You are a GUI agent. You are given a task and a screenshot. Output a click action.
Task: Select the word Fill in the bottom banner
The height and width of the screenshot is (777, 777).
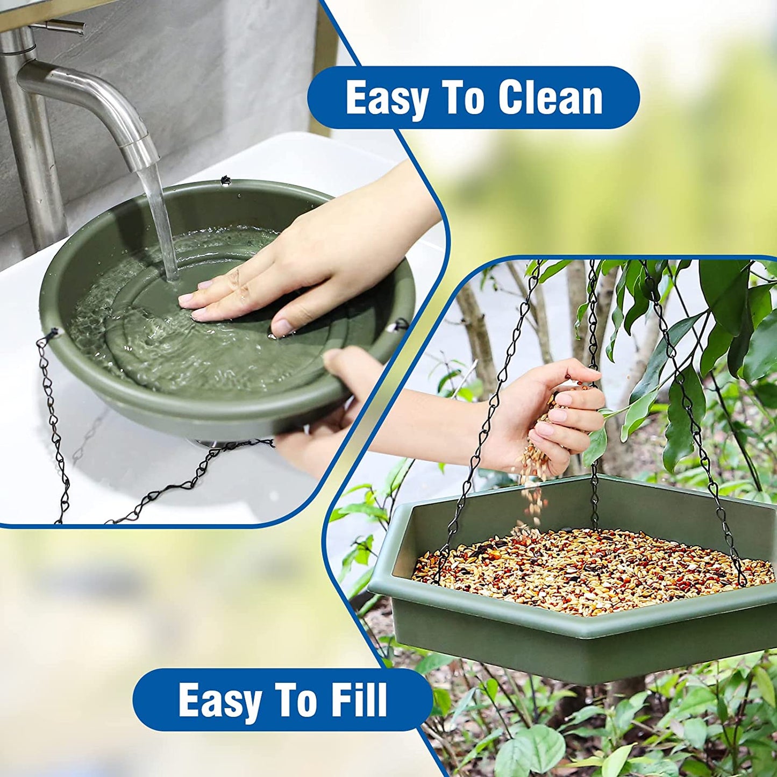[359, 700]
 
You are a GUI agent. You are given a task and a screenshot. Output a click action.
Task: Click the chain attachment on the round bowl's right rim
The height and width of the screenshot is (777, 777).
[401, 324]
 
